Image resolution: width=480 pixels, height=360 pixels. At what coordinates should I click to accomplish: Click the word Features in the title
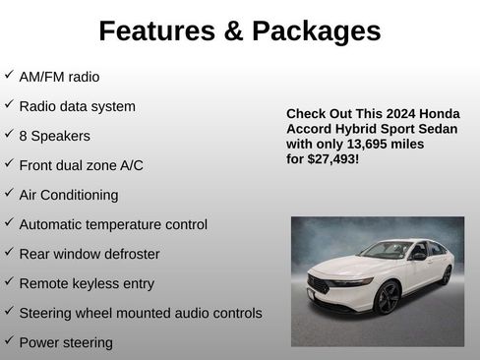(157, 31)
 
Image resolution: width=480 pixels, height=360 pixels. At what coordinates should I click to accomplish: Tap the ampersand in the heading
(233, 31)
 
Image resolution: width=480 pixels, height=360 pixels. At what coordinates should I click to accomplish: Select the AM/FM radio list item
(59, 77)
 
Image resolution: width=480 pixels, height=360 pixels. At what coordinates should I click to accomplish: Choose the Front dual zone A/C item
(81, 165)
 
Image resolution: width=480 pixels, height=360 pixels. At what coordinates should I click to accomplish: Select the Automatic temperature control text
(113, 224)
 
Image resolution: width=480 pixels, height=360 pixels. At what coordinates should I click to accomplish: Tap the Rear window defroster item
(90, 254)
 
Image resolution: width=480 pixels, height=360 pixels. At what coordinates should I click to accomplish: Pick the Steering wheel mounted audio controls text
(141, 313)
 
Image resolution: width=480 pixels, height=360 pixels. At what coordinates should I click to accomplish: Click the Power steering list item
(66, 342)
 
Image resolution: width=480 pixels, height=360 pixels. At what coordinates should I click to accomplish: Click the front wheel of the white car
(388, 296)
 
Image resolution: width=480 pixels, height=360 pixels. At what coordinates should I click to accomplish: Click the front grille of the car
(319, 286)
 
